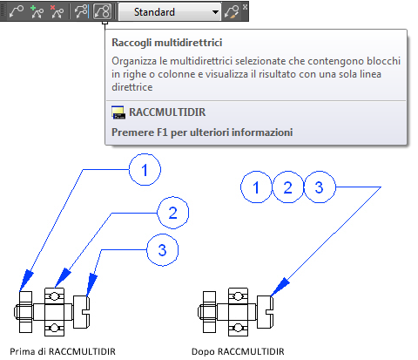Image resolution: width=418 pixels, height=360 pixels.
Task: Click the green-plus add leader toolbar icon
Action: coord(37,11)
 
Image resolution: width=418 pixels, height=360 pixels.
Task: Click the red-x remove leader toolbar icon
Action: coord(57,11)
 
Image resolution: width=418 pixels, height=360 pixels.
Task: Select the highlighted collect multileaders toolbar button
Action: coord(102,11)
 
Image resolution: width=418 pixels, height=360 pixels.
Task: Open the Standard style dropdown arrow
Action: coord(215,12)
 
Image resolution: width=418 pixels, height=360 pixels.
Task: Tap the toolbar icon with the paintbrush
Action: coord(232,11)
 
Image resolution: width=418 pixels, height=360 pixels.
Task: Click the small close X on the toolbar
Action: coord(246,6)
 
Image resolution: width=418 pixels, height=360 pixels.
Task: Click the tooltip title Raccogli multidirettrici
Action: coord(167,43)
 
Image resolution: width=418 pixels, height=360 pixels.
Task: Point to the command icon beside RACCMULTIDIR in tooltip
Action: coord(118,112)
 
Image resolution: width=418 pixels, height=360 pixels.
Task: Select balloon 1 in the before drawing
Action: coord(145,170)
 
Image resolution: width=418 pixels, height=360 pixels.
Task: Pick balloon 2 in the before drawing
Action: coord(172,213)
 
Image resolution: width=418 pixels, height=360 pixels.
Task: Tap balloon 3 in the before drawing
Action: coord(162,250)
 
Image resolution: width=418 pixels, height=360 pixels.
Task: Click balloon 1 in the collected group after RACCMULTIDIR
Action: coord(256,187)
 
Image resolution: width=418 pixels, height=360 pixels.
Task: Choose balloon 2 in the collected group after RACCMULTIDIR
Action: coord(287,187)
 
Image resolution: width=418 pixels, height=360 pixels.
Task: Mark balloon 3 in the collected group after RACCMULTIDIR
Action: coord(320,187)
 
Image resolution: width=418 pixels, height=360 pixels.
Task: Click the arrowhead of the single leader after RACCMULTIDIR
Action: coord(280,288)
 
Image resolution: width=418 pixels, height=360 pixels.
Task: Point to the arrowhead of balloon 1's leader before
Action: coord(26,281)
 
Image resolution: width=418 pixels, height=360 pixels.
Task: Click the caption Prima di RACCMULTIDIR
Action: coord(63,351)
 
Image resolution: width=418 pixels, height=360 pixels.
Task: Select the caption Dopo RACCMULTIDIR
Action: coord(238,351)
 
